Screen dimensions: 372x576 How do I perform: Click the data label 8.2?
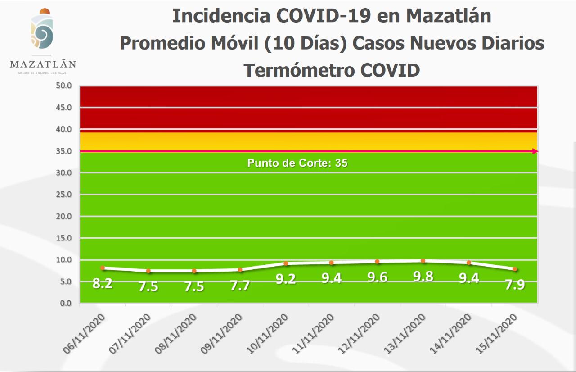[102, 284]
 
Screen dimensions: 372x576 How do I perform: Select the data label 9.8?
[423, 277]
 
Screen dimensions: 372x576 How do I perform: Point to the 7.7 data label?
[240, 286]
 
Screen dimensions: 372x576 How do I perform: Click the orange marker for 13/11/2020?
[423, 261]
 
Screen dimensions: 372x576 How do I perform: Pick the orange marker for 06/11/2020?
[103, 268]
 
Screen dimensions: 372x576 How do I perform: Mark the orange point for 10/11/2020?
[286, 263]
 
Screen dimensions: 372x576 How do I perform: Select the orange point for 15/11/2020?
[515, 269]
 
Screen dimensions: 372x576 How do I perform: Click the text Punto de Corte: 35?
[297, 163]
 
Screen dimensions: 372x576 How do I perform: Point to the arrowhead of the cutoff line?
[535, 151]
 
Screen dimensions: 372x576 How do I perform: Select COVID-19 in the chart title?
[323, 16]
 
